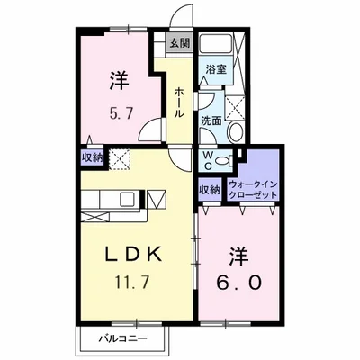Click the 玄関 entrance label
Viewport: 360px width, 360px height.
[x=180, y=44]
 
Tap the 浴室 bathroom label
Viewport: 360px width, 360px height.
[x=216, y=70]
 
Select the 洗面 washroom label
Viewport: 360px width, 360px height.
[x=211, y=121]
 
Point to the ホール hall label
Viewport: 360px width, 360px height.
[x=179, y=103]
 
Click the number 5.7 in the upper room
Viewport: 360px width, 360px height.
[x=121, y=114]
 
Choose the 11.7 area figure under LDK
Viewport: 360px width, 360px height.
[x=132, y=283]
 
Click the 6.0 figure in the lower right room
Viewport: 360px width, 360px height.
[x=238, y=283]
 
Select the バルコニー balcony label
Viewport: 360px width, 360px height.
[x=123, y=339]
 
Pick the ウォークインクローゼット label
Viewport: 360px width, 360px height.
[x=253, y=190]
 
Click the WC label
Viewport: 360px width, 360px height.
[x=208, y=161]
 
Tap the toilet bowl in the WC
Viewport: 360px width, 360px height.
[x=224, y=160]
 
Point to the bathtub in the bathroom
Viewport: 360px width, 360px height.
[x=216, y=44]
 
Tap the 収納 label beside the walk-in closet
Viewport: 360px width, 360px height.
[x=210, y=190]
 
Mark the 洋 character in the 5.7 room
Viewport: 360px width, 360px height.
[x=120, y=80]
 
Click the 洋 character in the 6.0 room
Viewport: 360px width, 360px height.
[x=238, y=256]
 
